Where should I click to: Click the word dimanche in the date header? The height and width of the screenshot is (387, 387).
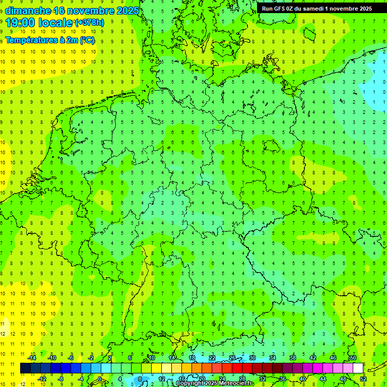coord(28,11)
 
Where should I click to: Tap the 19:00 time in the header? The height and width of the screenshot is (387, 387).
coord(19,23)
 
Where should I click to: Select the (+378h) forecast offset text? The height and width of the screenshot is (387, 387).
coord(89,23)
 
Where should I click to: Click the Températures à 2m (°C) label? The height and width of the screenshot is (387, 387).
coord(50,40)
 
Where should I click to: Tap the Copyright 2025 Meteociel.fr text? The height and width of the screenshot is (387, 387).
coord(215,383)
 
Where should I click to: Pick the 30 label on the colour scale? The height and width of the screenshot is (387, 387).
coord(252,358)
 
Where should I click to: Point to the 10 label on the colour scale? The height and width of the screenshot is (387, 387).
coord(151,358)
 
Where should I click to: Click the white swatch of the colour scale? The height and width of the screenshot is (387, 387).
coord(358,368)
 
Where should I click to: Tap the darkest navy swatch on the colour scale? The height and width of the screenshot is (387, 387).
coord(25,368)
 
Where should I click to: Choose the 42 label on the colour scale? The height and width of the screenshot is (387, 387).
coord(312,358)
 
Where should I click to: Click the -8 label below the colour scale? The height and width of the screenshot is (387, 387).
coord(60,378)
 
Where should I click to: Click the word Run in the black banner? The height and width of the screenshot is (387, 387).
coord(267,8)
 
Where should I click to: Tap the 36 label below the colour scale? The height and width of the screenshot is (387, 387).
coord(282,378)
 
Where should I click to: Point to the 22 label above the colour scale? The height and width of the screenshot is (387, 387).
coord(212,358)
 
